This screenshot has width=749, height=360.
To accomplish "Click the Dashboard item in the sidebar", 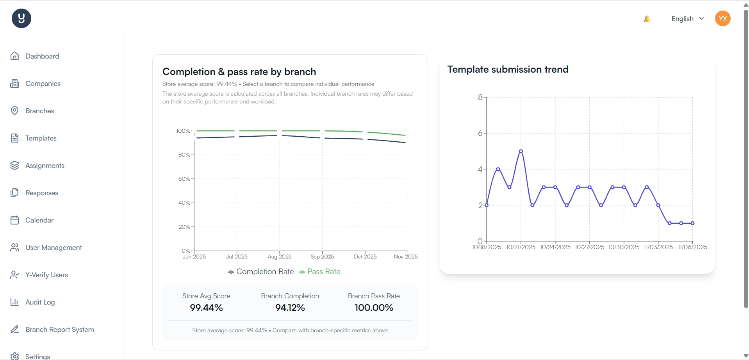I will [42, 56].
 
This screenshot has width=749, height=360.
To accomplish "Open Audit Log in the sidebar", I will [40, 302].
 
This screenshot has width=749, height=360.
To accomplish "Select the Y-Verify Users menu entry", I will [46, 275].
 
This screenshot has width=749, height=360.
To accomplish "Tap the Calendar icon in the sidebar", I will [15, 220].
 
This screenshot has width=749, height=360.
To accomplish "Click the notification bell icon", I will [647, 19].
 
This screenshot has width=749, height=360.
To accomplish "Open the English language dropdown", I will [687, 19].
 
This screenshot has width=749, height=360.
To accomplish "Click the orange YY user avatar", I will [722, 18].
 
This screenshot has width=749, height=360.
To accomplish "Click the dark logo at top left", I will [21, 18].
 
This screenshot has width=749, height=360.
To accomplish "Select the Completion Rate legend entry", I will [261, 272].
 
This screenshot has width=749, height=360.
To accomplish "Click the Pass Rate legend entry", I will [320, 272].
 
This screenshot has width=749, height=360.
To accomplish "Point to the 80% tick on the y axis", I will [184, 155].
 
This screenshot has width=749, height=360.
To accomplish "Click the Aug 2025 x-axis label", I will [280, 257].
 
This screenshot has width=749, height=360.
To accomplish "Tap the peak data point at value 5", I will [521, 151].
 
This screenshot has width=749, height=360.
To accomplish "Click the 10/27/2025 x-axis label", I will [589, 247].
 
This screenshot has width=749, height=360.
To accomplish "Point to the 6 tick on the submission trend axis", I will [480, 133].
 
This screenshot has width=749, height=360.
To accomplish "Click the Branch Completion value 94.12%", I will [290, 308].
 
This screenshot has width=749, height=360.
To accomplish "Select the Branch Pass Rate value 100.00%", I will [374, 308].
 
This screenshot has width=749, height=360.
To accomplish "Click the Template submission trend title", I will [508, 70].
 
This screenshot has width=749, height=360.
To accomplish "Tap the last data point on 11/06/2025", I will [692, 223].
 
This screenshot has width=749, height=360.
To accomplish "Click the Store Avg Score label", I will [206, 296].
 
